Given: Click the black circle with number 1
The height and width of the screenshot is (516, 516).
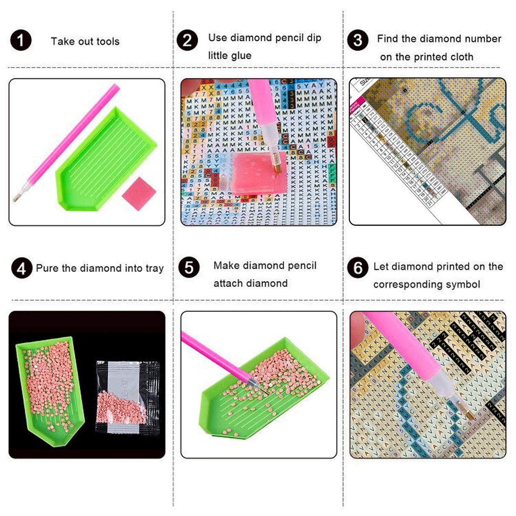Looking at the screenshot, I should (x=20, y=41).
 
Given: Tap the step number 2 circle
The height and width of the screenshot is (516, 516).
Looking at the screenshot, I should (x=187, y=41).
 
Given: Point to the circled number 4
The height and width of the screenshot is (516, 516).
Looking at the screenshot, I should (x=21, y=269).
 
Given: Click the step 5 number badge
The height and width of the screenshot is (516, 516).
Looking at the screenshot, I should (x=189, y=268).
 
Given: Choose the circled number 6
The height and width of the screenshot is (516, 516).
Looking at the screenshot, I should (x=357, y=268).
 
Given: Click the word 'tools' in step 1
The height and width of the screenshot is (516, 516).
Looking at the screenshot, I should (x=108, y=42).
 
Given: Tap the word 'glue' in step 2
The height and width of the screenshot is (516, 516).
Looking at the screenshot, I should (x=241, y=56).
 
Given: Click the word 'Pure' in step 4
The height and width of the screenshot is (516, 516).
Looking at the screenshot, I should (x=47, y=269).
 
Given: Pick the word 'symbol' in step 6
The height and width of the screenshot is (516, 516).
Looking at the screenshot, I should (x=463, y=284).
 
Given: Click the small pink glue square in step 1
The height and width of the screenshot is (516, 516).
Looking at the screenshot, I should (x=139, y=193).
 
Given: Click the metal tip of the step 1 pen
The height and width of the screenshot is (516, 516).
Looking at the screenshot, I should (x=17, y=197).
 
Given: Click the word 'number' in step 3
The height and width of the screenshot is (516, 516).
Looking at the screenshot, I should (x=481, y=39).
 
